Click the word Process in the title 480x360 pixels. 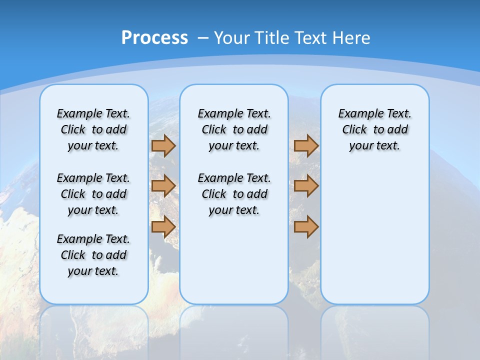pyautogui.click(x=154, y=38)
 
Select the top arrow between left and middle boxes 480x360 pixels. pyautogui.click(x=163, y=145)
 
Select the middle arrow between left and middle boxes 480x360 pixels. pyautogui.click(x=163, y=186)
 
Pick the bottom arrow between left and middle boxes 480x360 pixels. pyautogui.click(x=163, y=226)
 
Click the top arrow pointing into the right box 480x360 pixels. pyautogui.click(x=306, y=145)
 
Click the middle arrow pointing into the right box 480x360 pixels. pyautogui.click(x=306, y=186)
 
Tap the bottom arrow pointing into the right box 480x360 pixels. pyautogui.click(x=306, y=226)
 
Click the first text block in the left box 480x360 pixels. pyautogui.click(x=93, y=129)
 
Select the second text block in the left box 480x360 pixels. pyautogui.click(x=93, y=194)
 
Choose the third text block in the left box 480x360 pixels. pyautogui.click(x=93, y=255)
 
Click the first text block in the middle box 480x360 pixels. pyautogui.click(x=234, y=129)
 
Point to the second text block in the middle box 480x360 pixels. pyautogui.click(x=234, y=194)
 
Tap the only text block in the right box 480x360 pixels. pyautogui.click(x=374, y=129)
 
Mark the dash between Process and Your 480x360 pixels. pyautogui.click(x=203, y=38)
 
